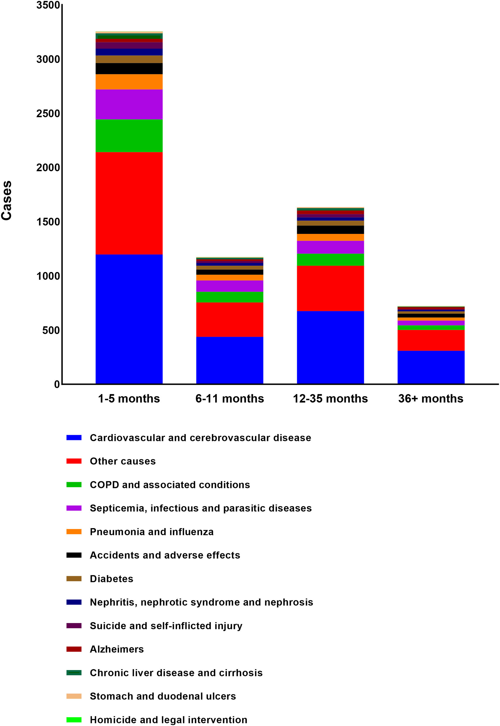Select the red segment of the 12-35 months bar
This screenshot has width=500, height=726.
click(330, 288)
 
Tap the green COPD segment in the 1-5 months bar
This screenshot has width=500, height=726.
click(129, 136)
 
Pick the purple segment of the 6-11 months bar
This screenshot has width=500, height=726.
click(230, 286)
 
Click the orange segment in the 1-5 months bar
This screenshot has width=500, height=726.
click(129, 82)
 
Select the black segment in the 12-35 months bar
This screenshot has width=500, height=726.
click(330, 230)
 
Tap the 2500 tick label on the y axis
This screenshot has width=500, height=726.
click(48, 113)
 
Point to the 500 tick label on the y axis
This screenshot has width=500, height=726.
click(51, 330)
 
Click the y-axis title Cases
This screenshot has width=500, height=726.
click(6, 201)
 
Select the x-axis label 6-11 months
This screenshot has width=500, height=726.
click(230, 399)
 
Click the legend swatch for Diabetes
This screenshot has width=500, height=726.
click(74, 579)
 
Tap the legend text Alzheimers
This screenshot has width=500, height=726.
click(117, 649)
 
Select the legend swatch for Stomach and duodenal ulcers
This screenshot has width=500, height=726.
click(74, 696)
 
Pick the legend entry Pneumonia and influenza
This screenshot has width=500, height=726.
click(152, 532)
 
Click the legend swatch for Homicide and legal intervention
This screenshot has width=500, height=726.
click(74, 720)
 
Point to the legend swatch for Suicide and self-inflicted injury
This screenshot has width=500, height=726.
click(74, 626)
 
